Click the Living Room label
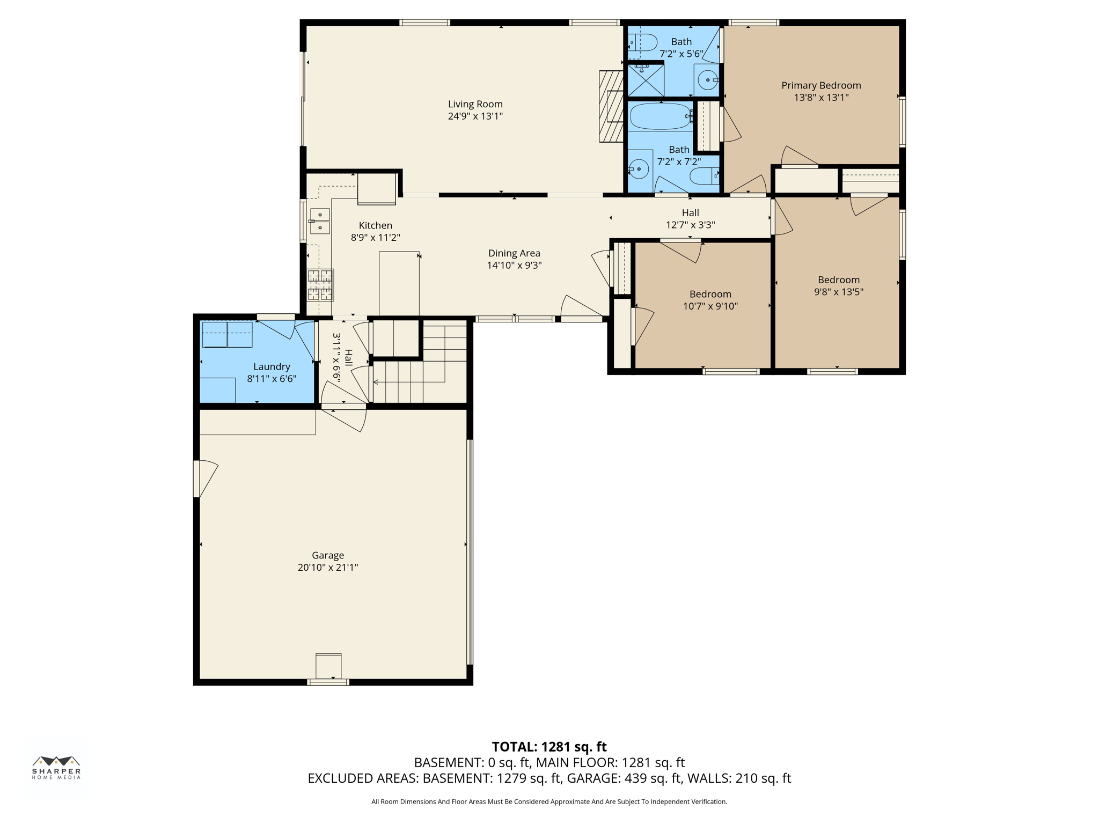pyautogui.click(x=475, y=104)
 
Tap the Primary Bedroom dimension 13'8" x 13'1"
pyautogui.click(x=821, y=98)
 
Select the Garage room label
pyautogui.click(x=328, y=555)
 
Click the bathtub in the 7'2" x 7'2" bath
pyautogui.click(x=660, y=116)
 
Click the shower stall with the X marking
pyautogui.click(x=646, y=80)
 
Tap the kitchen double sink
pyautogui.click(x=320, y=221)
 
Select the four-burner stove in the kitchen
pyautogui.click(x=320, y=285)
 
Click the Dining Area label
pyautogui.click(x=514, y=253)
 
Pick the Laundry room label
pyautogui.click(x=272, y=366)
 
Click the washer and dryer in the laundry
pyautogui.click(x=227, y=335)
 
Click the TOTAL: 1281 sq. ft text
pyautogui.click(x=549, y=747)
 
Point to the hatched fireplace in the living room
pyautogui.click(x=611, y=106)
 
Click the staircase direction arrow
pyautogui.click(x=376, y=382)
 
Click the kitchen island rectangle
pyautogui.click(x=399, y=283)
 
